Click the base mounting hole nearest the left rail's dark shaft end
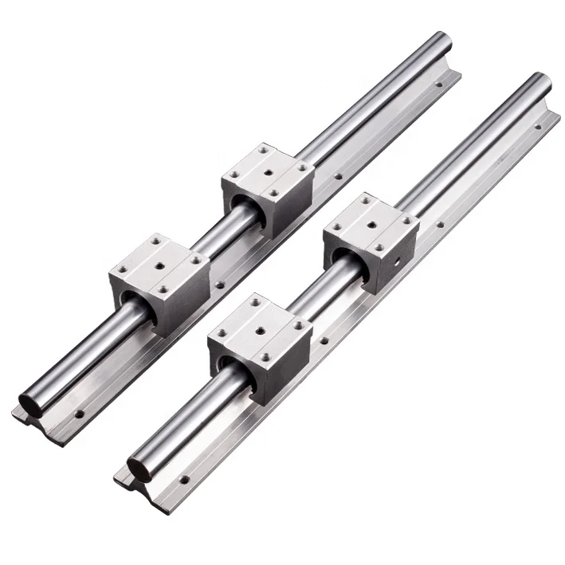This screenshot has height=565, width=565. [x=80, y=414]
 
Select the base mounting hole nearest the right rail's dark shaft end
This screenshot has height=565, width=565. [x=185, y=481]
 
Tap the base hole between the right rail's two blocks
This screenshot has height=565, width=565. [x=324, y=343]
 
